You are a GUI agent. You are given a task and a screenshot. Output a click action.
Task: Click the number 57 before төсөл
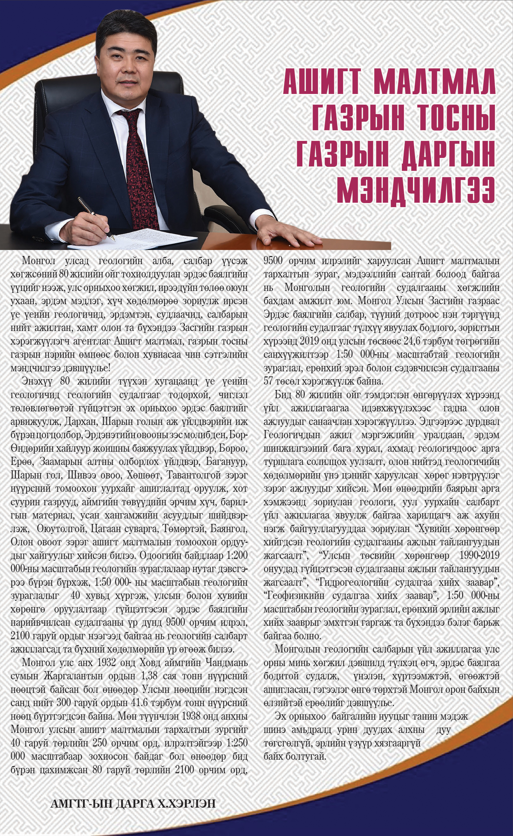click(268, 381)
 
